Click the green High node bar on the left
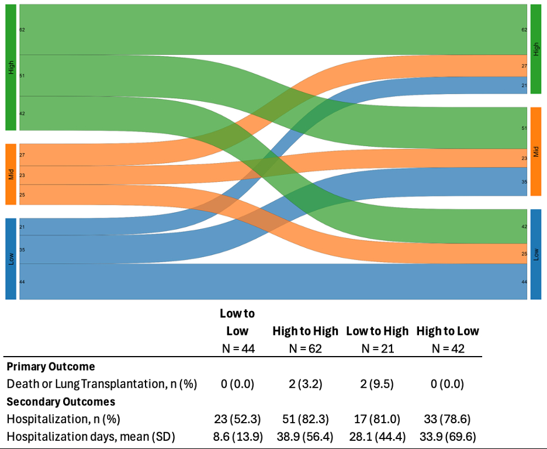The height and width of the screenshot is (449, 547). (x=11, y=67)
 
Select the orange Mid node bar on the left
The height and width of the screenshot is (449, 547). (x=11, y=174)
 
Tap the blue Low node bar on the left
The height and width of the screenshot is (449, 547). (x=11, y=258)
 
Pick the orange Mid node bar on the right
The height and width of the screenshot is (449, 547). (x=536, y=151)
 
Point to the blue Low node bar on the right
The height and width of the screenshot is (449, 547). (x=536, y=254)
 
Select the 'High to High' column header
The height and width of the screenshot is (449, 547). (x=305, y=331)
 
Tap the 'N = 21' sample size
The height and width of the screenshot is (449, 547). (x=377, y=349)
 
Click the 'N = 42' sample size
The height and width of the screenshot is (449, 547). (x=447, y=349)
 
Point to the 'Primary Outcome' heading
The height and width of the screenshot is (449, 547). (x=51, y=367)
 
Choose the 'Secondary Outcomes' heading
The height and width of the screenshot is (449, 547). (x=61, y=402)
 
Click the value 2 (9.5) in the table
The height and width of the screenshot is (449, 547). (x=377, y=384)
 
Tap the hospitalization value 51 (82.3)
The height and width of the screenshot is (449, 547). (x=305, y=419)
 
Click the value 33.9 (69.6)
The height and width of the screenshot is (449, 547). (x=447, y=436)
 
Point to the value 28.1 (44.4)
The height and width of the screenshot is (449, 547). (x=377, y=436)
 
